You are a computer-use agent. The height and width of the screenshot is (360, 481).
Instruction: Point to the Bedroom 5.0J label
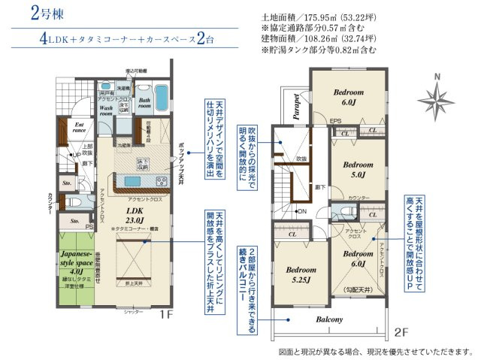pyautogui.click(x=353, y=169)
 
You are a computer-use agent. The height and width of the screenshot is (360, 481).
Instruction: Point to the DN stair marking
pyautogui.click(x=281, y=212)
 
